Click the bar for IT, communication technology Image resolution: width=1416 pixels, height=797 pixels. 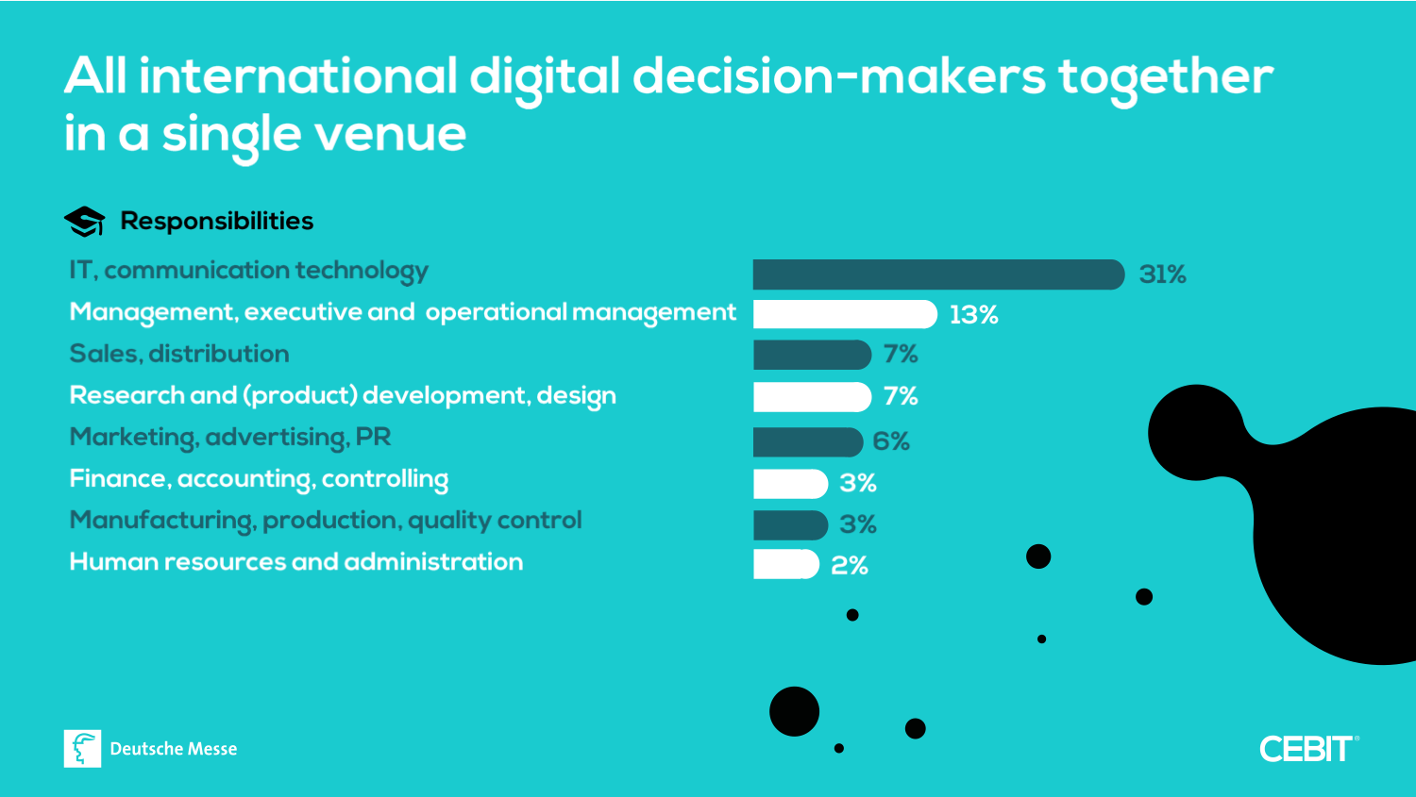tap(938, 274)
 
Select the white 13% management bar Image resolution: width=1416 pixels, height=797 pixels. tap(845, 314)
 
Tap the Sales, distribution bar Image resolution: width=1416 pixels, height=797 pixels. tap(812, 355)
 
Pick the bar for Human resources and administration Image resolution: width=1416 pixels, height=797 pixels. tap(785, 564)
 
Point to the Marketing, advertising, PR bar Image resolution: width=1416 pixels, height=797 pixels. tap(808, 441)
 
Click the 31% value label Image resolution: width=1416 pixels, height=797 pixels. tap(1162, 274)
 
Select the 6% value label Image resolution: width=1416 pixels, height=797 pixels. tap(891, 441)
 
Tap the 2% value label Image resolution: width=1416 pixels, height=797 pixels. tap(850, 565)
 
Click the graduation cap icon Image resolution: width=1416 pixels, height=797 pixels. tap(84, 222)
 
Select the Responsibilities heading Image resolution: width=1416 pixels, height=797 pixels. tap(217, 221)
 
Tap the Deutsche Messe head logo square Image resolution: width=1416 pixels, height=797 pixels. tap(82, 748)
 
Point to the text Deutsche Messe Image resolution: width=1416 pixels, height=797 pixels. tap(174, 749)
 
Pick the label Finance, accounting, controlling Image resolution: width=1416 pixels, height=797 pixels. tap(259, 479)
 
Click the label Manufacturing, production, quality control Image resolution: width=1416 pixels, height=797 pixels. tap(326, 521)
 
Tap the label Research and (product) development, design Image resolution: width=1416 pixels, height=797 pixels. tap(343, 396)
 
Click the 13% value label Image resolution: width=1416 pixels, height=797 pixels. tap(973, 315)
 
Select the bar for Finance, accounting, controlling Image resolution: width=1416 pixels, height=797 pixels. tap(790, 483)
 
